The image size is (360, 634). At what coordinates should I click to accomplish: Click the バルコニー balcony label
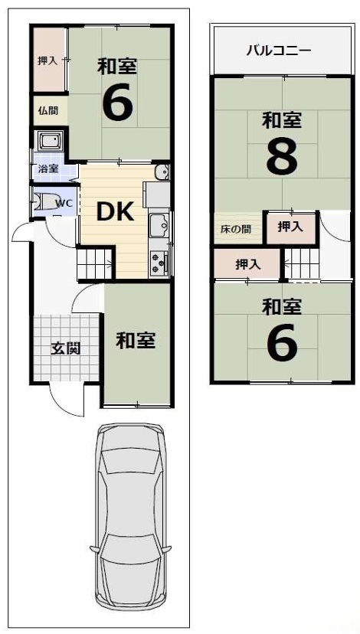click(x=279, y=51)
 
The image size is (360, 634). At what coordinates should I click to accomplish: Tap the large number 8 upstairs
click(x=282, y=157)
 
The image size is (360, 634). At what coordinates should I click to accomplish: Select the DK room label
click(x=115, y=211)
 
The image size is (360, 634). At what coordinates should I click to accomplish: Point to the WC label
click(x=62, y=204)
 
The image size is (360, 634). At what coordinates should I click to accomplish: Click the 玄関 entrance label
click(x=66, y=348)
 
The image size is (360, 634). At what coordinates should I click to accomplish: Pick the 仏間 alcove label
click(x=48, y=111)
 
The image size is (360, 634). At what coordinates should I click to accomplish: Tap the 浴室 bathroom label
click(x=48, y=169)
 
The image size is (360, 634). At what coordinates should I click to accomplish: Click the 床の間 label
click(x=236, y=229)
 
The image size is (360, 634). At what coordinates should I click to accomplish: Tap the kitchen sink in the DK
click(x=160, y=222)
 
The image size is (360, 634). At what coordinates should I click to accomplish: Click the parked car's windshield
click(x=130, y=463)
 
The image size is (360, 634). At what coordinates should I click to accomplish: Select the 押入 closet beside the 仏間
click(x=49, y=60)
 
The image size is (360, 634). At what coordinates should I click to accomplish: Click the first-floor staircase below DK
click(x=95, y=264)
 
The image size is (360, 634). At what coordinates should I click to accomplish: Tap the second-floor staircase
click(x=302, y=263)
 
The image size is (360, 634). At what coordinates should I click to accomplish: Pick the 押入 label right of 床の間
click(x=290, y=227)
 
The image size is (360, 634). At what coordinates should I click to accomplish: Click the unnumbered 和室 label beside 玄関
click(x=136, y=341)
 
